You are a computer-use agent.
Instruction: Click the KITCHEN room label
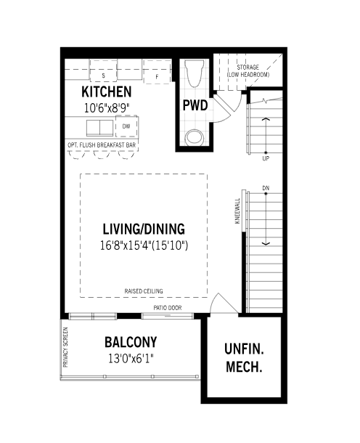coord(107,92)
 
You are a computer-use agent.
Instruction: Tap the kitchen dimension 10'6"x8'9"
coord(107,108)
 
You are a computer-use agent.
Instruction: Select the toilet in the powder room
coord(195,73)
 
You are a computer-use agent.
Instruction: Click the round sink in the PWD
coord(195,137)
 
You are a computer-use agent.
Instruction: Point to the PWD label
coord(195,105)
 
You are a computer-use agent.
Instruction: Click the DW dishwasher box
coord(126,126)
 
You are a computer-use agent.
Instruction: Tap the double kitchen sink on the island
coord(99,128)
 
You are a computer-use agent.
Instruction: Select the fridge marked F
coord(157,71)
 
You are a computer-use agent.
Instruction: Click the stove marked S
coord(103,70)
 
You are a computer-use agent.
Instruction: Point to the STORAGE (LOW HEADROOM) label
coord(248,71)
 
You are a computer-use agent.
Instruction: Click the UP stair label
coord(266,158)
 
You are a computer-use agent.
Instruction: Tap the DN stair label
coord(266,188)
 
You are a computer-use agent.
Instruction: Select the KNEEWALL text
coord(237,211)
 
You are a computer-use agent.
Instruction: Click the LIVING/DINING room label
coord(144,229)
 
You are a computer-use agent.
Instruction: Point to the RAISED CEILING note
coord(144,291)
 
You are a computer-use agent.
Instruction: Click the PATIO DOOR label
coord(168,308)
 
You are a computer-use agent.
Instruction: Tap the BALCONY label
coord(131,342)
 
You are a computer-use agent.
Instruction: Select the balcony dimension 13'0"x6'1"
coord(131,359)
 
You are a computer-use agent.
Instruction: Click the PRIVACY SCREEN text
coord(65,347)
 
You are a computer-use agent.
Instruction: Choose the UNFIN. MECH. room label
coord(244,358)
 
